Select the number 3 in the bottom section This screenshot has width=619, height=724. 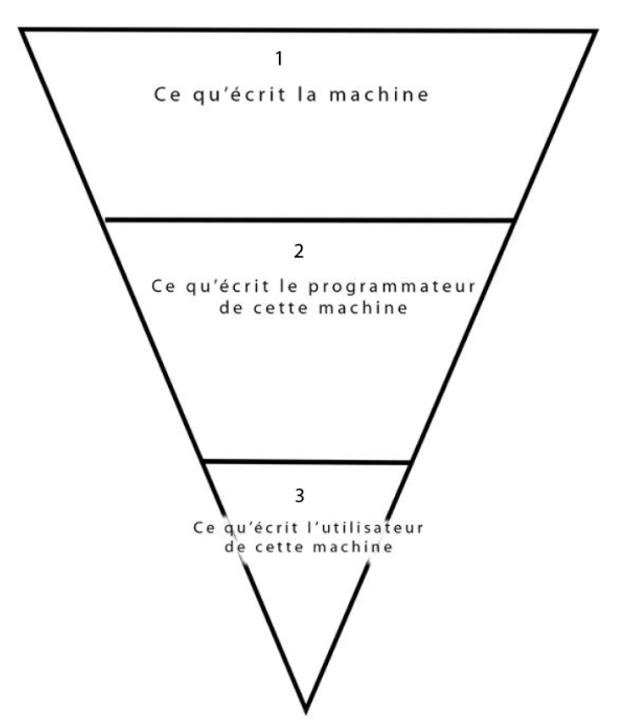[299, 496]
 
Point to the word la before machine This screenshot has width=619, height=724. [308, 94]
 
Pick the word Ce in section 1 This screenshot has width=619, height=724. [165, 94]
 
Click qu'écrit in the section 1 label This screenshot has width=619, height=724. [238, 94]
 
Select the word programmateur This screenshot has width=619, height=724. [398, 288]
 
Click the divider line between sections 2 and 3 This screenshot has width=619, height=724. [306, 462]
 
